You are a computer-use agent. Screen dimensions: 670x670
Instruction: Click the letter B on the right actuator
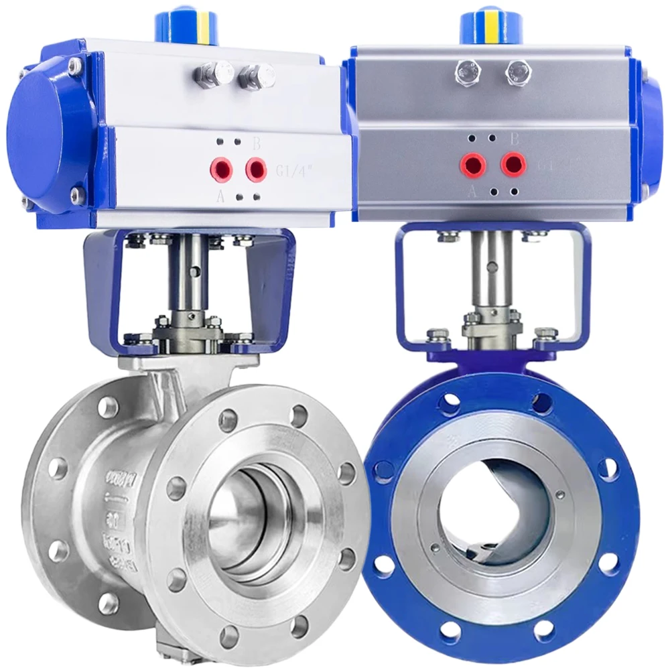tap(515, 139)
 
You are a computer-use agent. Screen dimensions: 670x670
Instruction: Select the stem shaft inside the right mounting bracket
tap(492, 275)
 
